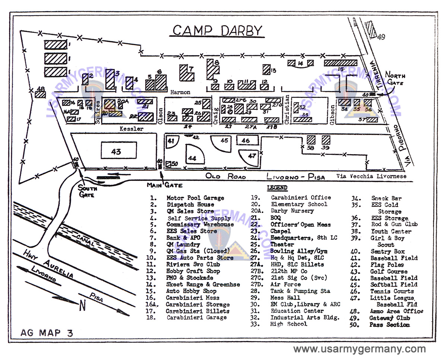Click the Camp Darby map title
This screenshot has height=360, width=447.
tap(217, 31)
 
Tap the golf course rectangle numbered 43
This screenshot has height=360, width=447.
tap(118, 152)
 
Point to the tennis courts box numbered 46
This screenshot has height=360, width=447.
tap(245, 140)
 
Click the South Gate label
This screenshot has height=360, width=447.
tap(88, 191)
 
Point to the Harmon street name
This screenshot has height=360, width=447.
tap(180, 92)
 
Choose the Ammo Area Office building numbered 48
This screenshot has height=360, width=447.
tap(40, 94)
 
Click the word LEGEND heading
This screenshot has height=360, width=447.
tap(277, 188)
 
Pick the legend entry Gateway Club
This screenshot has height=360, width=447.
tap(389, 318)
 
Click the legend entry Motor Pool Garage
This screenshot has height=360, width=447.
tap(195, 198)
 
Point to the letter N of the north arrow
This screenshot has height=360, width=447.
tap(82, 306)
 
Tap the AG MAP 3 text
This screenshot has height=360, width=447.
tap(47, 333)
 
